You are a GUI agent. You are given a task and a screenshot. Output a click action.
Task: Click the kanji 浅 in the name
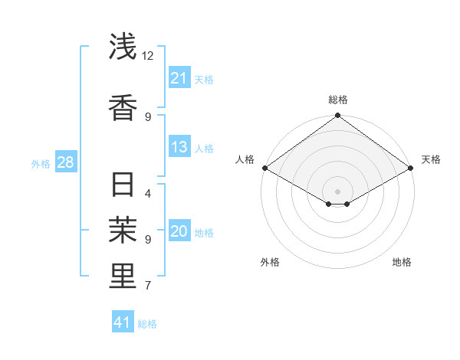pos(123,47)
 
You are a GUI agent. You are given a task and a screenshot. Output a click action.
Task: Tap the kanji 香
pos(123,107)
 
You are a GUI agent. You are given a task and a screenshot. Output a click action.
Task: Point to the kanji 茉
pos(123,229)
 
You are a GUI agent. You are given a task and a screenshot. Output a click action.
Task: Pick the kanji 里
pos(123,276)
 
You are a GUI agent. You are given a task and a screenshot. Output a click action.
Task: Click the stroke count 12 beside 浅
pos(148,56)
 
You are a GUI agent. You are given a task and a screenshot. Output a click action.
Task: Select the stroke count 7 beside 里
pos(148,286)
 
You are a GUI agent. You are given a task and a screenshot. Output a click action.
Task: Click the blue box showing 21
pos(179,78)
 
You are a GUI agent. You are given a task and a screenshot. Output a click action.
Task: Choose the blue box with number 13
pos(179,147)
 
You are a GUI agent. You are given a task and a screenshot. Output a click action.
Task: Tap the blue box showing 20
pos(179,232)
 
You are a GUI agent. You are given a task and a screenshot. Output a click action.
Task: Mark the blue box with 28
pos(65,163)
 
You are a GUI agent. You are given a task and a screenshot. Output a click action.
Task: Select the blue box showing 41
pos(123,322)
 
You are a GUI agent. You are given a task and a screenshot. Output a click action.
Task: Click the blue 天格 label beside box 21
pos(204,79)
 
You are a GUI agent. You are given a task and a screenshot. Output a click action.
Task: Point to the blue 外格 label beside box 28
pos(41,164)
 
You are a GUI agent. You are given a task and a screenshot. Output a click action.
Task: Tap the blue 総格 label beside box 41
pos(147,323)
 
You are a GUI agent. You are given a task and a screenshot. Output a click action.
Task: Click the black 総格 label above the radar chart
pos(338,100)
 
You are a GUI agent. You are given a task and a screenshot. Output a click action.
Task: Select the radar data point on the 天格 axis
pos(411,168)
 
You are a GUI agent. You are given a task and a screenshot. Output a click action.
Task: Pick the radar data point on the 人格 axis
pos(264,168)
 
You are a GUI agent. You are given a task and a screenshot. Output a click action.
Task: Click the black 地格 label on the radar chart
pos(402,263)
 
